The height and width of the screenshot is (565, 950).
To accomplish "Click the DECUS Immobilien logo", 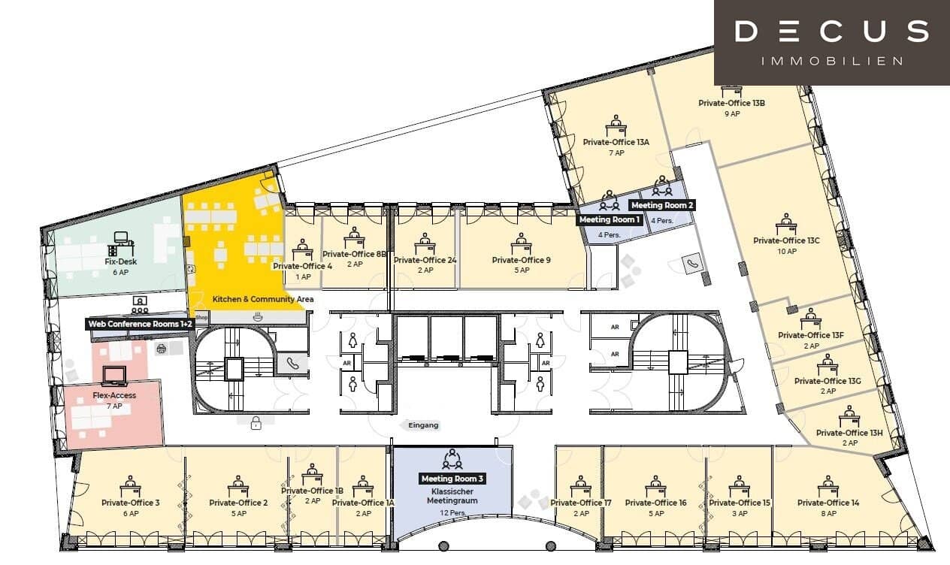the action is pos(832,43).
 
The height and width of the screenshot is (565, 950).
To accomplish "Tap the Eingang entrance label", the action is pos(423,425).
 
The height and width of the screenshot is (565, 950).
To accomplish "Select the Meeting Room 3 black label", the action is pos(452,479).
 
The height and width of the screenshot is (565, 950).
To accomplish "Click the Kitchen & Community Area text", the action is pos(263,299).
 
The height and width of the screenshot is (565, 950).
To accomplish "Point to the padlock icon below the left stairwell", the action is pos(256,422).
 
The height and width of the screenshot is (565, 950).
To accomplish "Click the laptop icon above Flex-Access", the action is pos(114,376).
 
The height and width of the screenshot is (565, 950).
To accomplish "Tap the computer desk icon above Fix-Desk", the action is pos(121,243).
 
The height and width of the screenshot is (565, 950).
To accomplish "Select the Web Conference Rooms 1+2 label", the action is pos(140,325).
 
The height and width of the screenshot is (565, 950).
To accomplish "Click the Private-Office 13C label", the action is pos(786,240).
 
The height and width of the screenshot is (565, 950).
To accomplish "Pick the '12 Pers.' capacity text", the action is pos(452,513).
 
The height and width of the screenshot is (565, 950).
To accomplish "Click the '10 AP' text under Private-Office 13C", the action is pos(787,252).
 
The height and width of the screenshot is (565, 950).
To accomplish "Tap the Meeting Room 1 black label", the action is pos(610,219).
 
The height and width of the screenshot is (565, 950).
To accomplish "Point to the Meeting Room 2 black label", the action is pos(662,205).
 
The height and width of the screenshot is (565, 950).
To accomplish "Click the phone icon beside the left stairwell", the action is pos(292,363).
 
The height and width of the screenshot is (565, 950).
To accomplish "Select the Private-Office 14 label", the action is pos(828,503).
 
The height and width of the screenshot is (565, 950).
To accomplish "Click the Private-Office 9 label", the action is pos(522,260).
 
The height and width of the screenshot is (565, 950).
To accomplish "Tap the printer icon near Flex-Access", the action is pos(161,349).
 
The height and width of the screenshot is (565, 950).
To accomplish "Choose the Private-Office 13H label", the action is pos(849,433).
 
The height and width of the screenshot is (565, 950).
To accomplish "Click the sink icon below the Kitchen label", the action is pos(258,316).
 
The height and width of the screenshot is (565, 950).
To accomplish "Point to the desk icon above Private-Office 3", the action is pos(130,487).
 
